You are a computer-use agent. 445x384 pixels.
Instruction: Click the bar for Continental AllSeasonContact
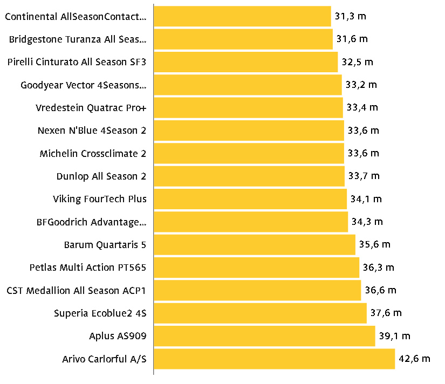(242, 16)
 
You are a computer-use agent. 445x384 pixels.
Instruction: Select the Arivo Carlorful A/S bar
(274, 359)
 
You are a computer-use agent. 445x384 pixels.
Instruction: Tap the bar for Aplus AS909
(264, 336)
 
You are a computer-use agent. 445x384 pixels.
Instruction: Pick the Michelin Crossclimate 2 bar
(249, 153)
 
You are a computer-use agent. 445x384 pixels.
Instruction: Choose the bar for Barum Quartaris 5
(255, 245)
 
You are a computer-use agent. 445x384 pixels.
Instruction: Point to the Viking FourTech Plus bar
(250, 199)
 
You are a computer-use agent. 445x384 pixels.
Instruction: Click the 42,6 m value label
(415, 359)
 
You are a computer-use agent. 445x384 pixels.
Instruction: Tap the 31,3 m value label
(351, 16)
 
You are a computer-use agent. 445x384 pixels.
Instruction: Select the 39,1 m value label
(394, 336)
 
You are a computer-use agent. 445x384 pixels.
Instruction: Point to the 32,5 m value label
(357, 62)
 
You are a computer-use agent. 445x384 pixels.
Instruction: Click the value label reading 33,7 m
(364, 176)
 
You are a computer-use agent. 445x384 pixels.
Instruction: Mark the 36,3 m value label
(379, 268)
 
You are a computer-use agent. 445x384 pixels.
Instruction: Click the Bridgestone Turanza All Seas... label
(78, 39)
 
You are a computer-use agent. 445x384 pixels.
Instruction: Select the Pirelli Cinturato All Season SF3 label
(77, 62)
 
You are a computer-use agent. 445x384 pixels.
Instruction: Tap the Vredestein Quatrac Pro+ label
(91, 107)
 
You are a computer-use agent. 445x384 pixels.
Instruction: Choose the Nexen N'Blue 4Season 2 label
(92, 131)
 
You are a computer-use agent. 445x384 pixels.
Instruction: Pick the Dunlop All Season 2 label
(101, 176)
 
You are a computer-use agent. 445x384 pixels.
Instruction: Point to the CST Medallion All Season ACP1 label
(77, 290)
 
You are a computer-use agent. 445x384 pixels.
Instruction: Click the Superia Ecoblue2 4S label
(100, 313)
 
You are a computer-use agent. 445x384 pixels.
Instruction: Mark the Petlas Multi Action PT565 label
(88, 268)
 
